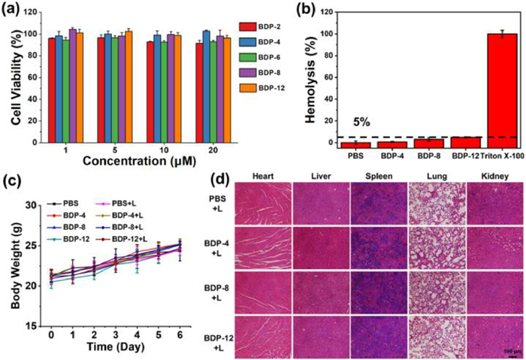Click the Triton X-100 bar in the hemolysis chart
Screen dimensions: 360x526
coord(493,90)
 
